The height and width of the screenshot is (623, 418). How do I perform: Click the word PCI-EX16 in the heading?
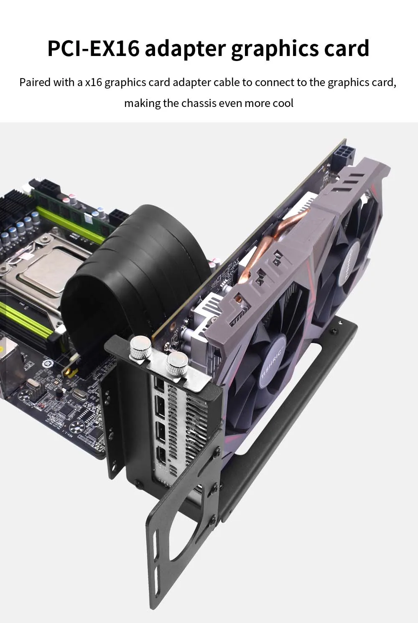pos(93,48)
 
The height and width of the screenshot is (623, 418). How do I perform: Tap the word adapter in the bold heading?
pos(185,49)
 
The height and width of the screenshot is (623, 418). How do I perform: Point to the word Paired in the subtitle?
pos(35,83)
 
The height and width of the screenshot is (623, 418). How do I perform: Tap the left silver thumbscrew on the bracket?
pos(140,347)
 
